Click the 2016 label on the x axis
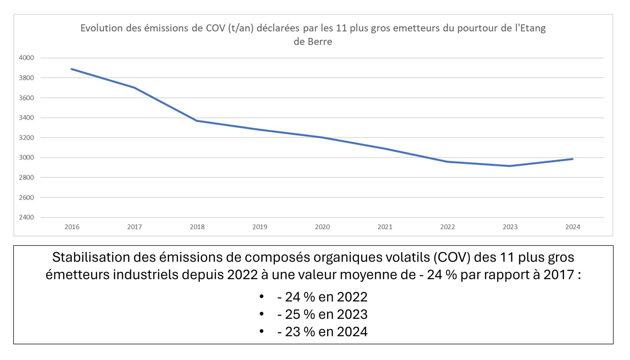72,227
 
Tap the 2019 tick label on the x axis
260,227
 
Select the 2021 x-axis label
385,227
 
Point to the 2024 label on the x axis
572,227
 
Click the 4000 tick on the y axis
26,58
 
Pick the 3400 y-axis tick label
26,118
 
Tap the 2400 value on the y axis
26,217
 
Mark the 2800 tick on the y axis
26,177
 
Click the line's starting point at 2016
72,69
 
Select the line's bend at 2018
197,121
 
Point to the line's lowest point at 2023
510,166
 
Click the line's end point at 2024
572,159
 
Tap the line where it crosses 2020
322,137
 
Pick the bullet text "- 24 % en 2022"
322,297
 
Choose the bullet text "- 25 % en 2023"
322,314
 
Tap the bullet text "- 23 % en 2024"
322,332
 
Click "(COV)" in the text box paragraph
452,257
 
